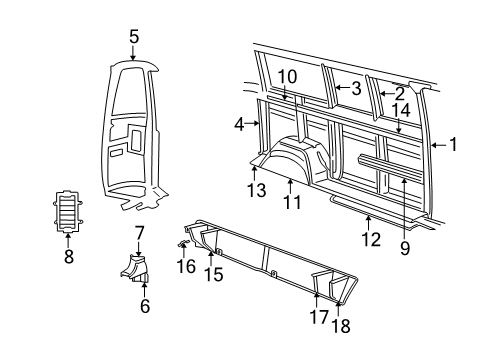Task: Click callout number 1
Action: [x=453, y=145]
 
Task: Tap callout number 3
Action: [x=354, y=88]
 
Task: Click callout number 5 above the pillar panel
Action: [x=133, y=37]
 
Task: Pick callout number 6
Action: [x=144, y=306]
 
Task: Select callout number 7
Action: [x=139, y=233]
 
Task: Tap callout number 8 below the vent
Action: [x=68, y=256]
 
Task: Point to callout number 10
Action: [x=287, y=76]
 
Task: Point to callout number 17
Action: [x=320, y=317]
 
